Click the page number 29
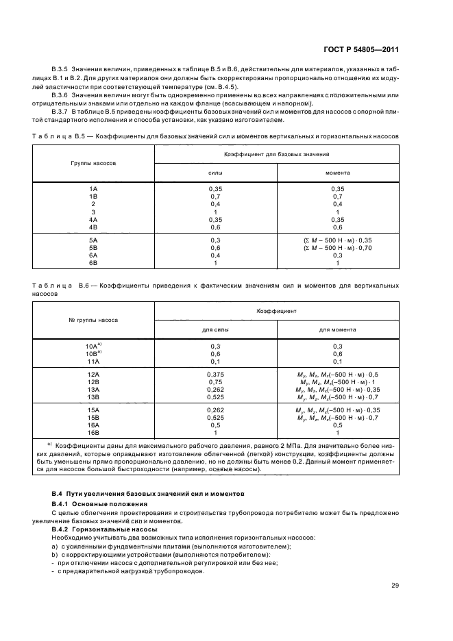click(x=395, y=585)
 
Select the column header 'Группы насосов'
click(x=93, y=164)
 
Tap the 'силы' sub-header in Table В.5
click(x=215, y=173)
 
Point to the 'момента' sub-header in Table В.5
click(x=337, y=173)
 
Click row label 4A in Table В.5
click(x=93, y=219)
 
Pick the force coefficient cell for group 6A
click(x=215, y=255)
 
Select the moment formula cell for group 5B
click(x=337, y=247)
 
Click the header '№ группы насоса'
click(x=93, y=320)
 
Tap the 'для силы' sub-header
click(x=215, y=329)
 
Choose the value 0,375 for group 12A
click(x=215, y=374)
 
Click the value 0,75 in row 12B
click(x=215, y=381)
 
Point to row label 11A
click(x=93, y=361)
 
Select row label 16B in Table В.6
click(x=93, y=432)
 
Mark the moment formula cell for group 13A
click(x=337, y=389)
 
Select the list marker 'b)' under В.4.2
click(x=54, y=554)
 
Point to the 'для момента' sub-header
click(x=337, y=329)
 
